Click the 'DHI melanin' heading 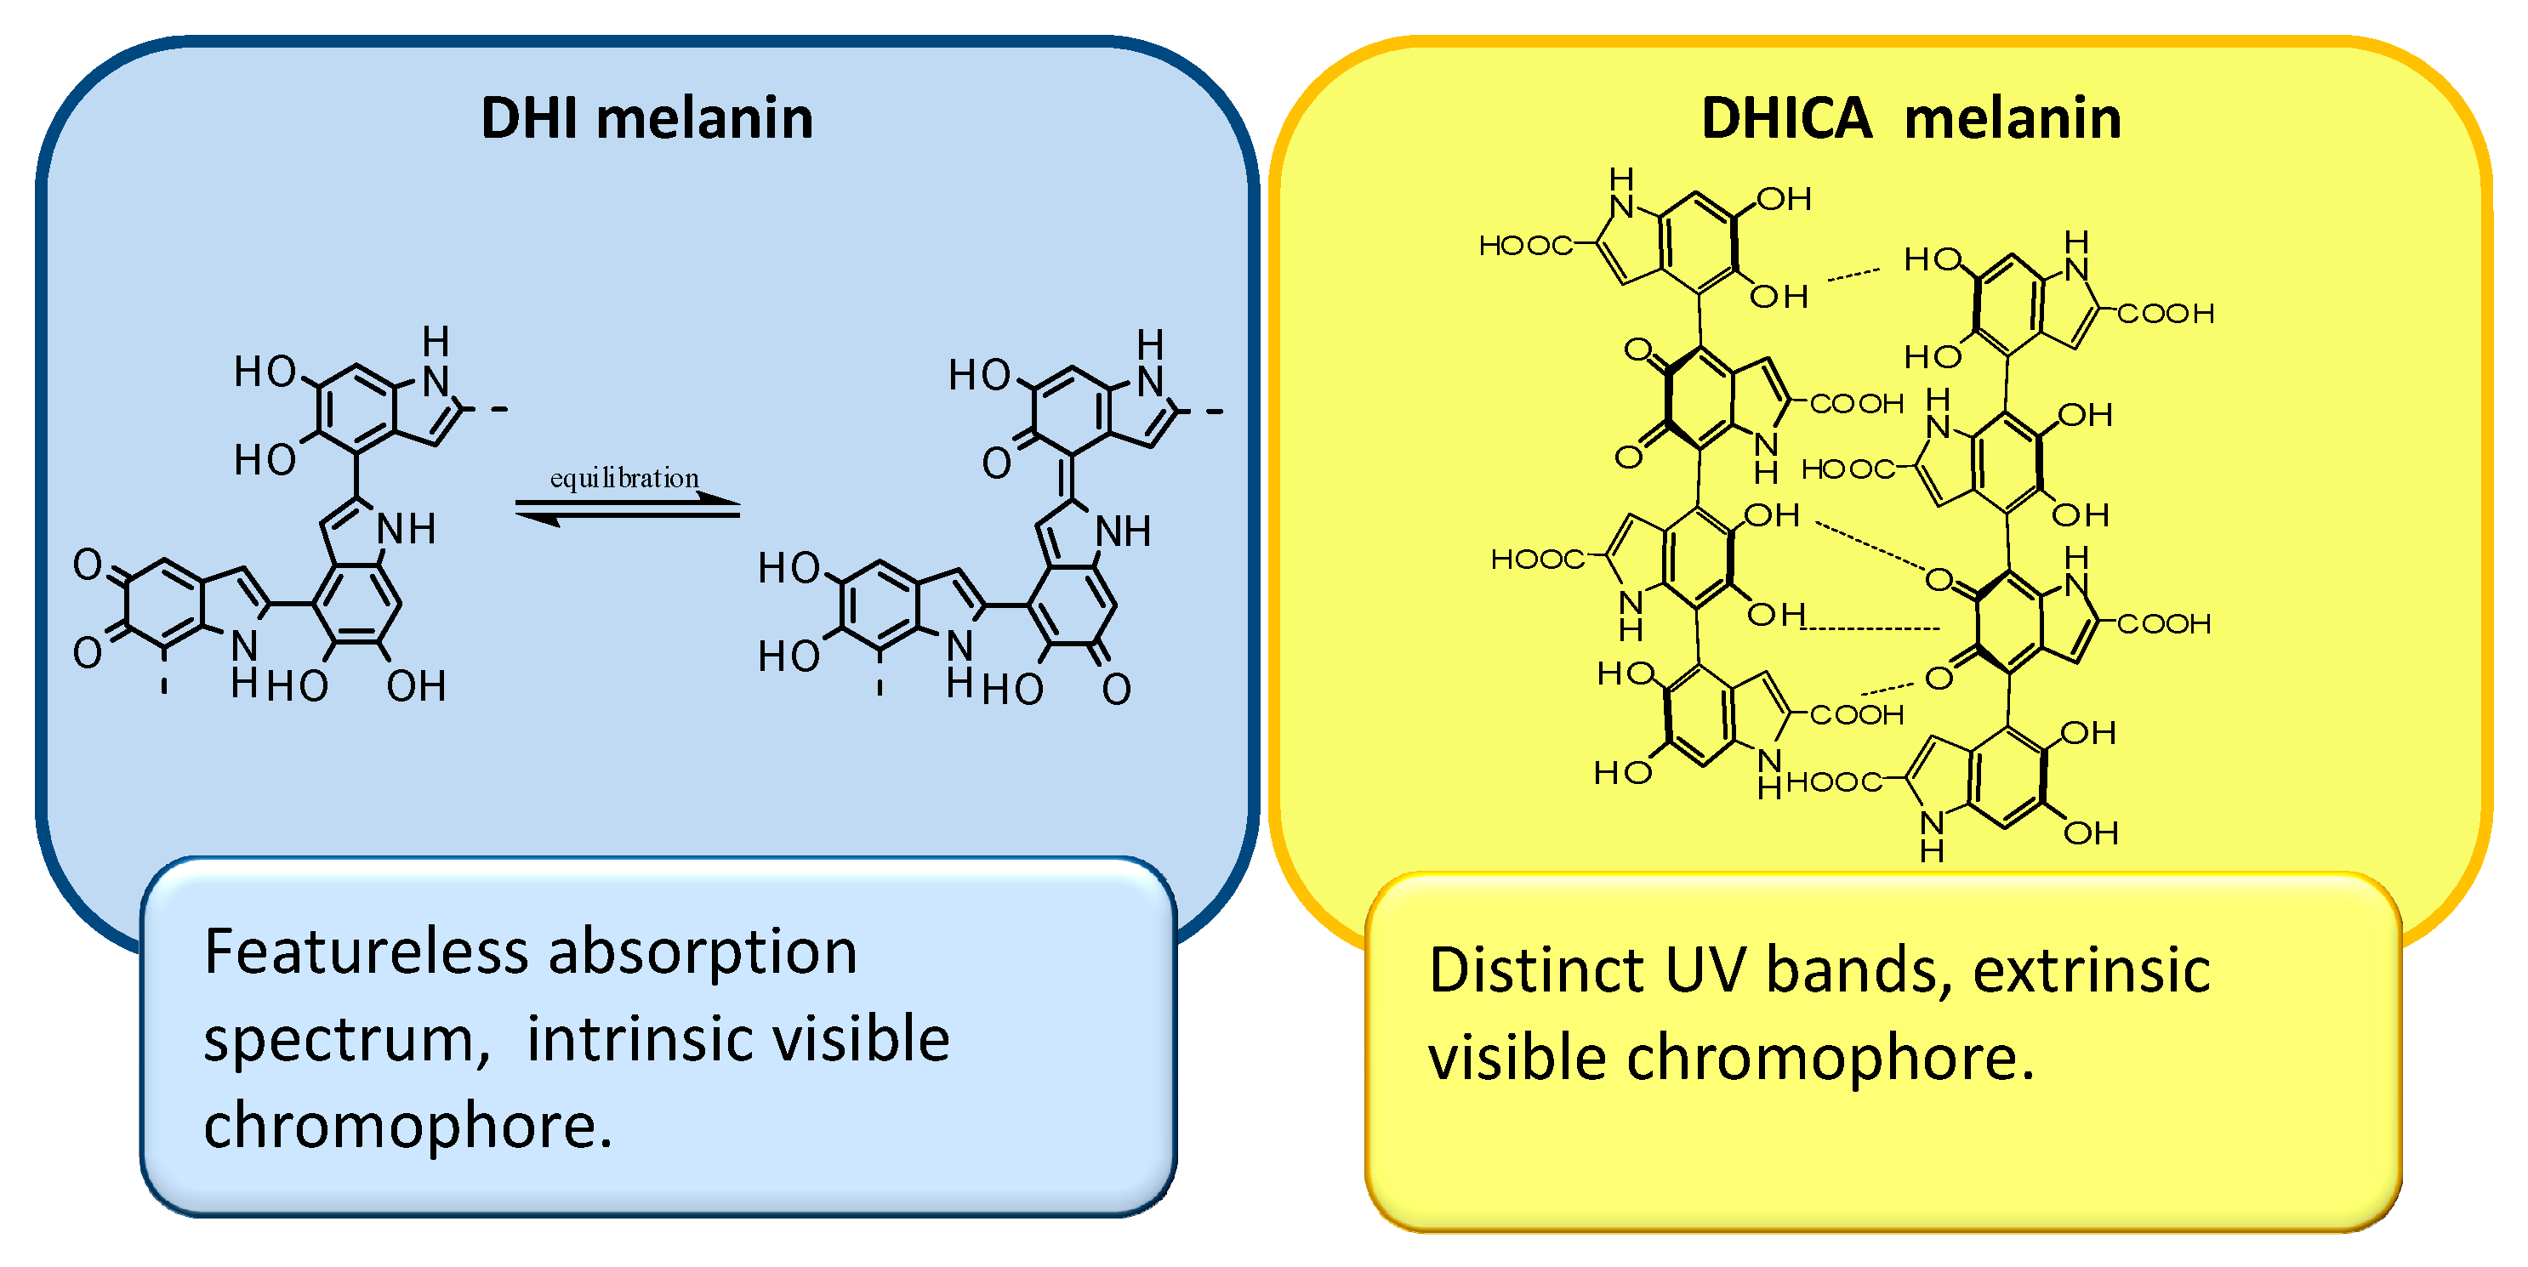point(646,119)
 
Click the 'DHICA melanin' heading point(1910,119)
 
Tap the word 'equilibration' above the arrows point(624,478)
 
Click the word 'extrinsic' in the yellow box point(2092,969)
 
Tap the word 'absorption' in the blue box point(703,953)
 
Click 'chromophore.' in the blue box point(408,1126)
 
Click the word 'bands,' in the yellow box point(1859,969)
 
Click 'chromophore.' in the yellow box point(1831,1060)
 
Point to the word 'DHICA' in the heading point(1787,119)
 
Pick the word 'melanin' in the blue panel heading point(704,119)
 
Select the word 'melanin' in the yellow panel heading point(2012,119)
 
